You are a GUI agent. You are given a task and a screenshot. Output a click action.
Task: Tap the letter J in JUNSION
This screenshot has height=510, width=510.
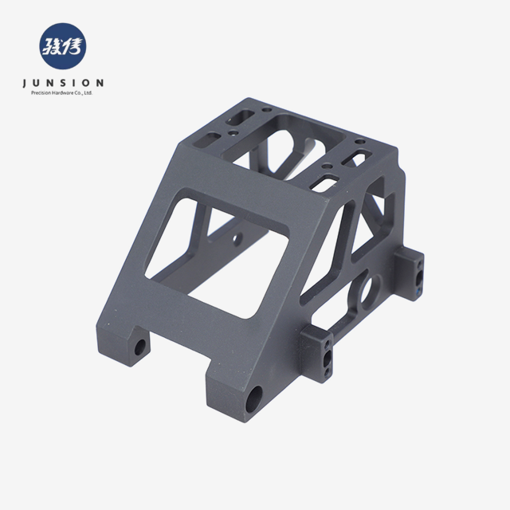[x=26, y=82]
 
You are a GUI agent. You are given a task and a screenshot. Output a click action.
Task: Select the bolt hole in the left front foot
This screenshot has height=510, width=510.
[x=141, y=348]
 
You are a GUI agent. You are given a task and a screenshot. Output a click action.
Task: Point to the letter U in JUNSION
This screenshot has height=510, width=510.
[x=40, y=82]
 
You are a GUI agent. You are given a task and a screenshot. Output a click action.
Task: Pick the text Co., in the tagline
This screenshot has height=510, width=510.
[x=79, y=93]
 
